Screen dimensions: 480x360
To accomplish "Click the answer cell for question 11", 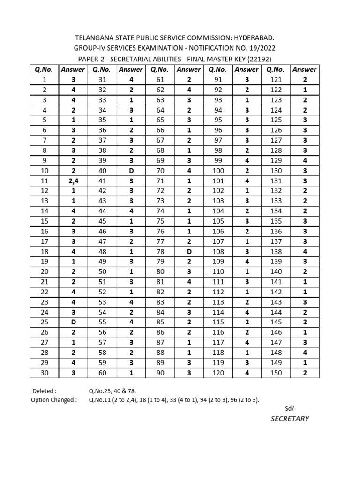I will (73, 180).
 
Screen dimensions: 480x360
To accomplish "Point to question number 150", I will (276, 373).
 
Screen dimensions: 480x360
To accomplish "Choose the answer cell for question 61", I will (189, 80).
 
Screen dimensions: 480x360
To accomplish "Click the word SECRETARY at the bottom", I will (290, 419).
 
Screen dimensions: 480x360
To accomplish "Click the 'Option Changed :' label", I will (53, 400).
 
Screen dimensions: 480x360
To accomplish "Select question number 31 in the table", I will (103, 80).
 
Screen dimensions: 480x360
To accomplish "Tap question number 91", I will (219, 80).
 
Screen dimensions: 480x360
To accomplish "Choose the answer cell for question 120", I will (247, 373).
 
